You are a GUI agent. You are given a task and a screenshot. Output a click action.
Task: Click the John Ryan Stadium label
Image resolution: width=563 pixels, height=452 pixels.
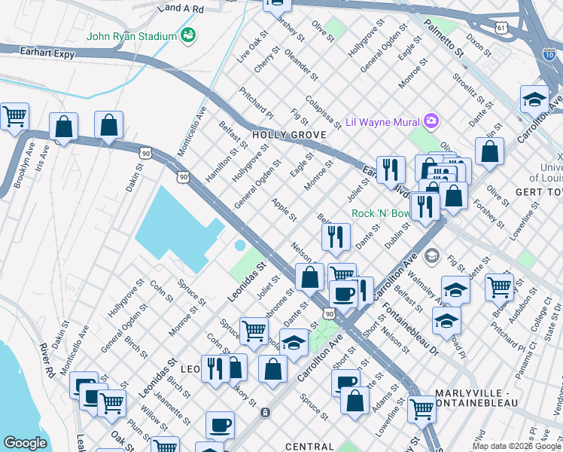pyautogui.click(x=131, y=35)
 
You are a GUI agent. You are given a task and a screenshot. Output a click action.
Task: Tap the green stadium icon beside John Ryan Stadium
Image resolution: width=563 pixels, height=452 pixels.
pyautogui.click(x=187, y=35)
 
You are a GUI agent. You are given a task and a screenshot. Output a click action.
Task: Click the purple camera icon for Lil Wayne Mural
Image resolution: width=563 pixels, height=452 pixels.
pyautogui.click(x=431, y=120)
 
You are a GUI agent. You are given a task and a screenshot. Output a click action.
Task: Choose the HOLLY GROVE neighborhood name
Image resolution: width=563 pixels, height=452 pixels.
pyautogui.click(x=288, y=135)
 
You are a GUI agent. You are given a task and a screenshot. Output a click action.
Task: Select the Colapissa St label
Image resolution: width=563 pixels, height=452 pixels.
pyautogui.click(x=324, y=111)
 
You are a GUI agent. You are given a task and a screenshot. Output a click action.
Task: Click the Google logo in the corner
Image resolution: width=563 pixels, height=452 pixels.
pyautogui.click(x=25, y=443)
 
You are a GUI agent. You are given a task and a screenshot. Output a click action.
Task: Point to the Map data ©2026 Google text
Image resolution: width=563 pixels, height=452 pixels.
pyautogui.click(x=516, y=446)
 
